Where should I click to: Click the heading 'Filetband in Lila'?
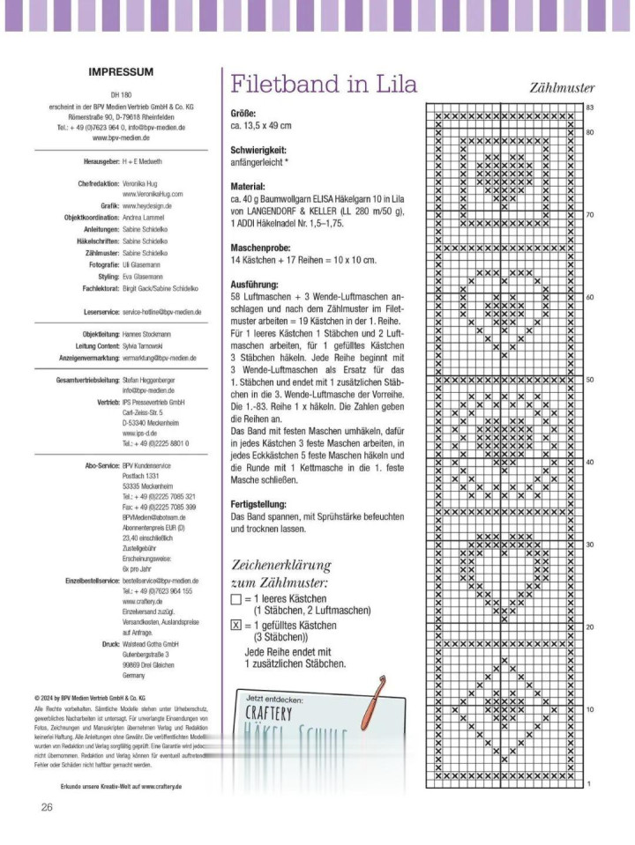[324, 84]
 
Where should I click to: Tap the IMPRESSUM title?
[122, 72]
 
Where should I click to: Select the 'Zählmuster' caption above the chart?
[562, 88]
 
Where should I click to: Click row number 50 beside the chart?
[589, 380]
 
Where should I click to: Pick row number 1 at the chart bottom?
[588, 783]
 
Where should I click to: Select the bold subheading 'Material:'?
[247, 187]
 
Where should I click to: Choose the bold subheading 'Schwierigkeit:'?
[258, 151]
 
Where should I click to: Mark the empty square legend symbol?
[235, 598]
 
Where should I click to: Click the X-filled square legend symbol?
[235, 626]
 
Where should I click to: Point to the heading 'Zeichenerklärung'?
[281, 564]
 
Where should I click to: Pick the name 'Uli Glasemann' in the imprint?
[141, 264]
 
